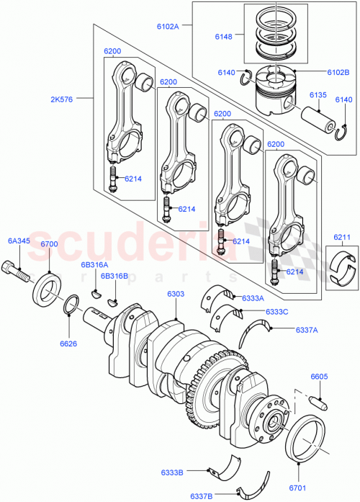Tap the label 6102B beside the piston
tap(316, 73)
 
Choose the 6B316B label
tap(114, 276)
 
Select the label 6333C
tap(256, 312)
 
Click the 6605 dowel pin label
tap(320, 377)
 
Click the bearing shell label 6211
tap(342, 237)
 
